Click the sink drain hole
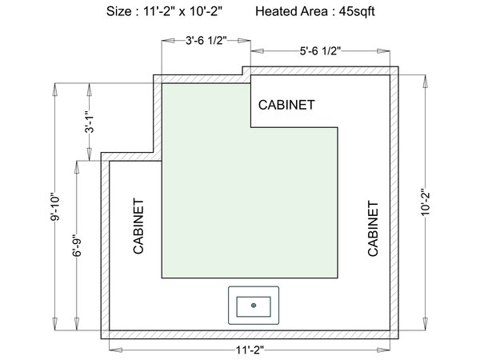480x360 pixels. (254, 304)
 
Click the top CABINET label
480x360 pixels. (286, 105)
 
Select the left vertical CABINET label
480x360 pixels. (138, 226)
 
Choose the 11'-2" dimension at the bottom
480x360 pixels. (249, 350)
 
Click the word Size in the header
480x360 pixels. (119, 12)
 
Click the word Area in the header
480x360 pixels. (314, 12)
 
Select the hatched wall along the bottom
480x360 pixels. (249, 334)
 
